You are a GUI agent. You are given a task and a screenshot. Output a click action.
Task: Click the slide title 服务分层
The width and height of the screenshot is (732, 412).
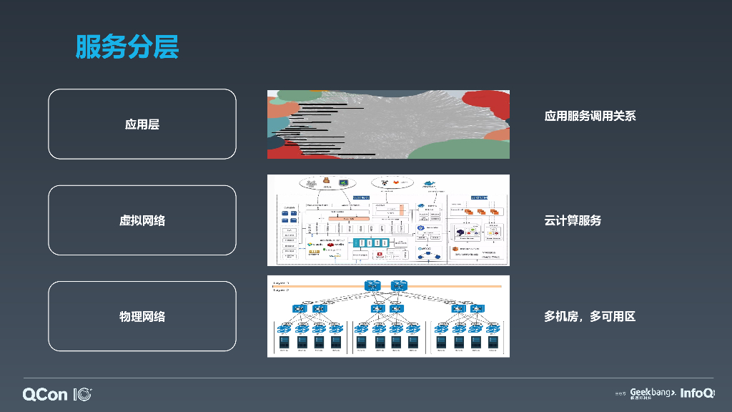(127, 47)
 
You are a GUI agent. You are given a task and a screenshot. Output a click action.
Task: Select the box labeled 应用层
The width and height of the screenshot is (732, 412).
(142, 124)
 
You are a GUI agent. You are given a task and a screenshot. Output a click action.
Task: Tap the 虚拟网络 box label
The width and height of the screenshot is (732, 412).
(142, 220)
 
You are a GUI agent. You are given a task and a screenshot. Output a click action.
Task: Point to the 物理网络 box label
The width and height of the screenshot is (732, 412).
(142, 316)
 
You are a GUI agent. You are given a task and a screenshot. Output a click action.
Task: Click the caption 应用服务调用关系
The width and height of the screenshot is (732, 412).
(590, 116)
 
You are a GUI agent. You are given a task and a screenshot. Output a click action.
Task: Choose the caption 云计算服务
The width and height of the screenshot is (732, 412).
(572, 220)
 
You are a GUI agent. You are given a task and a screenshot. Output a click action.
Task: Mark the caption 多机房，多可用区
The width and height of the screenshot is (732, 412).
(590, 316)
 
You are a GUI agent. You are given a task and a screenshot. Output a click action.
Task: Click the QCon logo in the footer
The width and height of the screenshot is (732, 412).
(57, 394)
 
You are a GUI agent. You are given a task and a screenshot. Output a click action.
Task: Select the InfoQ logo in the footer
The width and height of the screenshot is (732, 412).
(697, 393)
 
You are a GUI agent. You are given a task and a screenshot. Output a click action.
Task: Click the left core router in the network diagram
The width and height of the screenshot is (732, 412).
(373, 285)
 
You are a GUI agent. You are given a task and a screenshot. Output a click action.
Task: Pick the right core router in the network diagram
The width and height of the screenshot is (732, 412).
(398, 285)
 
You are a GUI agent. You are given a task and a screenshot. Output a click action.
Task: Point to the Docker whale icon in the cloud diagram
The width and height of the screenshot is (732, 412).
(429, 183)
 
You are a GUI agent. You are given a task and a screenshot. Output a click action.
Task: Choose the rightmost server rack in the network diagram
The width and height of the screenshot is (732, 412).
(493, 342)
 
